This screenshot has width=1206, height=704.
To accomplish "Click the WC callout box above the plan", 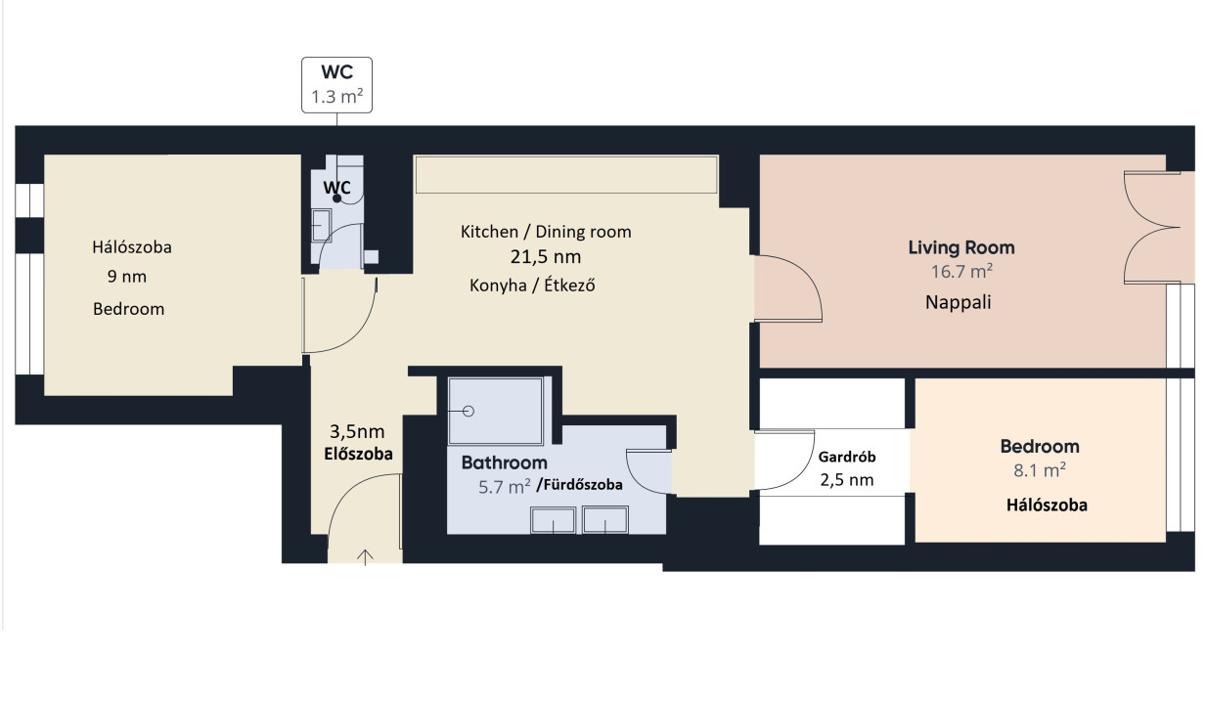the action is click(x=336, y=85).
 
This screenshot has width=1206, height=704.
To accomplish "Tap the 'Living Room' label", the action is click(x=961, y=247).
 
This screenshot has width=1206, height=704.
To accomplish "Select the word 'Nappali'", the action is click(x=958, y=302).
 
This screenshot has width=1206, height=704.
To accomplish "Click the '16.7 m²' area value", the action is click(x=961, y=271).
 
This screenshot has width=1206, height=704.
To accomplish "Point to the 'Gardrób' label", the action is click(x=847, y=457).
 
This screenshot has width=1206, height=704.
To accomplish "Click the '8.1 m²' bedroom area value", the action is click(x=1039, y=470).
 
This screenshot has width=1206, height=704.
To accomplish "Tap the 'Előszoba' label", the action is click(x=358, y=454).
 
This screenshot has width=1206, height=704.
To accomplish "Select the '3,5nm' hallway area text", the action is click(x=357, y=431).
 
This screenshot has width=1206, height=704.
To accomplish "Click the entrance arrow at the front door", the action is click(x=365, y=557).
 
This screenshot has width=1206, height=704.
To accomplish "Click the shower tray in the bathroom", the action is click(x=495, y=412).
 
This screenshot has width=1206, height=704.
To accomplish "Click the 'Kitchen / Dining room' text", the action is click(x=546, y=232).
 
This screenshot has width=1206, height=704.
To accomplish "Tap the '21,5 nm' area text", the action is click(x=546, y=257).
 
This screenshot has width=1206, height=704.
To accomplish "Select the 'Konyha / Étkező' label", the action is click(x=532, y=285).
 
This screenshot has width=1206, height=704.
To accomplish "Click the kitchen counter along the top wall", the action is click(x=566, y=174).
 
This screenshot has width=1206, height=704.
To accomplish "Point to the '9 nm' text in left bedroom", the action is click(x=126, y=276).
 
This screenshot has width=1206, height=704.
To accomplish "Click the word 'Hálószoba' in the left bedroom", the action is click(x=132, y=247).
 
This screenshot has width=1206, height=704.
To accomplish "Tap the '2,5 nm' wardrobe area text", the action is click(x=847, y=479).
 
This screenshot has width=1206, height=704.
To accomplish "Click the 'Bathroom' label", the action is click(x=504, y=462).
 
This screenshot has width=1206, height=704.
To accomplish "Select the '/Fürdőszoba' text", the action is click(x=579, y=485).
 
